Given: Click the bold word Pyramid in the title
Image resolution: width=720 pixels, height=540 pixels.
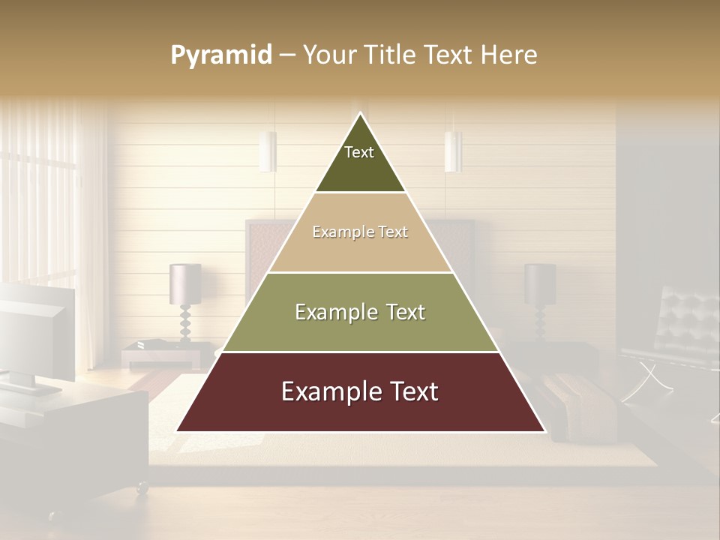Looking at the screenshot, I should (x=220, y=55).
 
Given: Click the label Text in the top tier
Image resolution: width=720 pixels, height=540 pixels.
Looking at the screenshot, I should (x=359, y=152).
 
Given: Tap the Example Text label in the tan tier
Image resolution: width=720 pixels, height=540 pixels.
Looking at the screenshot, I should (x=360, y=232).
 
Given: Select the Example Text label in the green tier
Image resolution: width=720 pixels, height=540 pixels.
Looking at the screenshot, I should (x=360, y=312).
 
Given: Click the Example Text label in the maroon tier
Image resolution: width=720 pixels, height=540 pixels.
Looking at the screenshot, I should (x=360, y=391).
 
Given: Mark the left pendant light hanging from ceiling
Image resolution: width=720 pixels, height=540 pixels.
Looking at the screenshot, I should (x=268, y=151).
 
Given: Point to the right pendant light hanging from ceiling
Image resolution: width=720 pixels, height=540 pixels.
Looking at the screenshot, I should (x=452, y=151).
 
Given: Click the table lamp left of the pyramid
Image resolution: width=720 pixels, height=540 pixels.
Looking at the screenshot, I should (x=184, y=296).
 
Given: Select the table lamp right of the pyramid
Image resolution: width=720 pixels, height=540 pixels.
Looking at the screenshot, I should (x=540, y=294).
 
